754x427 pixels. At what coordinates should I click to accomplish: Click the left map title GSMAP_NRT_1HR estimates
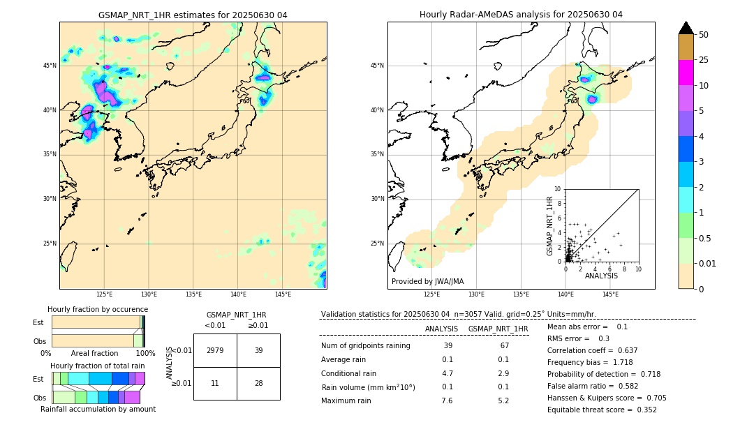193,15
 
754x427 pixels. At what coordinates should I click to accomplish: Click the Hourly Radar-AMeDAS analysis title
521,15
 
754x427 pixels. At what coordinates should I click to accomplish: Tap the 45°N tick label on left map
50,66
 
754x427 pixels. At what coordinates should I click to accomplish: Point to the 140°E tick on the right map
565,294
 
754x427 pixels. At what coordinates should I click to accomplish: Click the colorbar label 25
704,60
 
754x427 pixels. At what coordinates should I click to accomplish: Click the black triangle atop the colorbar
686,28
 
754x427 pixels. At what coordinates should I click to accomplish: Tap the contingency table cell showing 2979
215,350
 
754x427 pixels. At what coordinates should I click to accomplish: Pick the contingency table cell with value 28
258,383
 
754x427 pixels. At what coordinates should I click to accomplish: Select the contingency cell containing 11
215,383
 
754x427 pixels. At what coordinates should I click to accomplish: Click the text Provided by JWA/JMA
427,281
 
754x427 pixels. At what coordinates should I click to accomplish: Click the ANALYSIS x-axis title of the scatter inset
601,276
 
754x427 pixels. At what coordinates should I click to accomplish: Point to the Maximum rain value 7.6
448,401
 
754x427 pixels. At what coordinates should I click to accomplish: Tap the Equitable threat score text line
602,410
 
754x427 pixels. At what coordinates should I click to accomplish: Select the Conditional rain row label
350,373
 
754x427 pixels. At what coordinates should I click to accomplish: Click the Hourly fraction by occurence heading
98,309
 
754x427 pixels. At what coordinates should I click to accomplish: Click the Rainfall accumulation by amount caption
98,409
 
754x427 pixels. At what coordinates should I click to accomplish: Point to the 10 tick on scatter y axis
558,189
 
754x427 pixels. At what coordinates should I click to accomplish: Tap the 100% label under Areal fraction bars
145,354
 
